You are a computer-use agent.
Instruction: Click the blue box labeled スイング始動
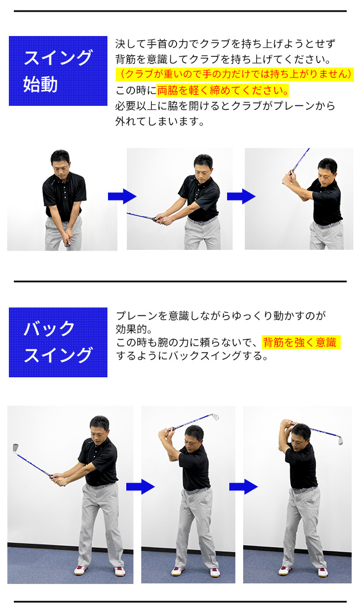coord(58,71)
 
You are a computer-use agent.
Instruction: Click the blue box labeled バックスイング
coord(58,342)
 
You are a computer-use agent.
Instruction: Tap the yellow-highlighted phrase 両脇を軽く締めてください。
coord(223,91)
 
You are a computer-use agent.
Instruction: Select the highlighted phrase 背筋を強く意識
coord(301,342)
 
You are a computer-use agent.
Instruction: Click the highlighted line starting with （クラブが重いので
coord(234,75)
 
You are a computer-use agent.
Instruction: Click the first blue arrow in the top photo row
coord(122,197)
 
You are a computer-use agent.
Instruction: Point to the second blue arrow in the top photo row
coord(241,197)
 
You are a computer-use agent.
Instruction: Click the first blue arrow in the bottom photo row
coord(140,487)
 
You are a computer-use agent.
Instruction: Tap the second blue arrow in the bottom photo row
coord(243,487)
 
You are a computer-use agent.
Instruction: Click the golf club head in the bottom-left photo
coord(16,448)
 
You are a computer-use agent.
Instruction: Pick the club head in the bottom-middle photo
coord(214,416)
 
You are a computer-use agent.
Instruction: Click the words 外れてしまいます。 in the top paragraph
coord(160,121)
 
